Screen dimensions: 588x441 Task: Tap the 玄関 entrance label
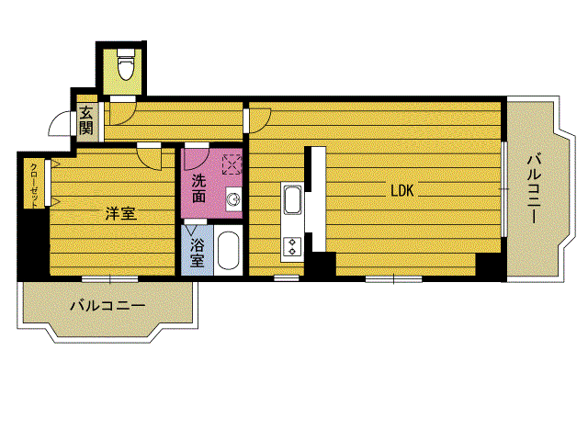coord(85,120)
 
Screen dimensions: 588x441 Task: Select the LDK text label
coord(402,191)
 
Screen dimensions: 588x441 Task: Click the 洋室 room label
coord(120,213)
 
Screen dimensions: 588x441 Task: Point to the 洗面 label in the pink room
coord(198,188)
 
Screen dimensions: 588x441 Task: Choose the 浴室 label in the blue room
coord(197,254)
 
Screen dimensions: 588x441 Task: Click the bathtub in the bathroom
coord(229,250)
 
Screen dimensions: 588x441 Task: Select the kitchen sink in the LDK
coord(292,199)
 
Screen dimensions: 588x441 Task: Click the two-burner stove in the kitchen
coord(292,246)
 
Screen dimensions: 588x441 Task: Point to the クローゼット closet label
coord(34,186)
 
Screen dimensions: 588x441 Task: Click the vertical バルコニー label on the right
coord(535,188)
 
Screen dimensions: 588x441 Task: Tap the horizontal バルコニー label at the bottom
coord(107,306)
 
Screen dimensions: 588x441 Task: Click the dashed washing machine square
coord(232,164)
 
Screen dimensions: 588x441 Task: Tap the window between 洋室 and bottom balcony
coord(110,278)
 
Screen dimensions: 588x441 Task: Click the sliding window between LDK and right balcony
coord(504,189)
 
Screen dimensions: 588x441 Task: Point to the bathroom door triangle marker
coord(191,230)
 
